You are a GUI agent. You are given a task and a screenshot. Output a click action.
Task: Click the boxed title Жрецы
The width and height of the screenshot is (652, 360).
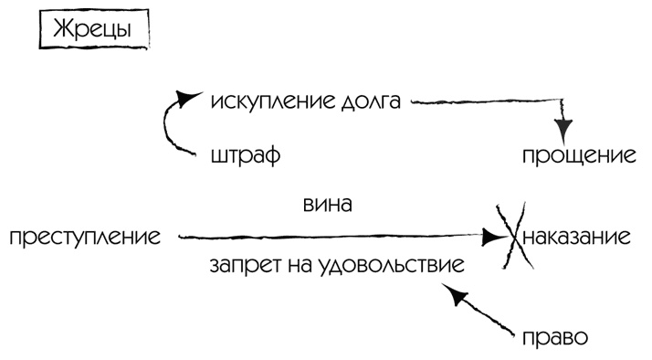(x=91, y=29)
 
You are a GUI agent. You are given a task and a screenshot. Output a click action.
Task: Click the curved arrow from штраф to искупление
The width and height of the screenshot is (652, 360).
(x=168, y=128)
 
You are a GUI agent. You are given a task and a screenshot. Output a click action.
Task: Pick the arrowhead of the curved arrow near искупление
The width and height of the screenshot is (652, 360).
(x=186, y=97)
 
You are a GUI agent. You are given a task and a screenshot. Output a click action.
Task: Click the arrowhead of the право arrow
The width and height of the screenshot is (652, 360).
(x=453, y=294)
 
